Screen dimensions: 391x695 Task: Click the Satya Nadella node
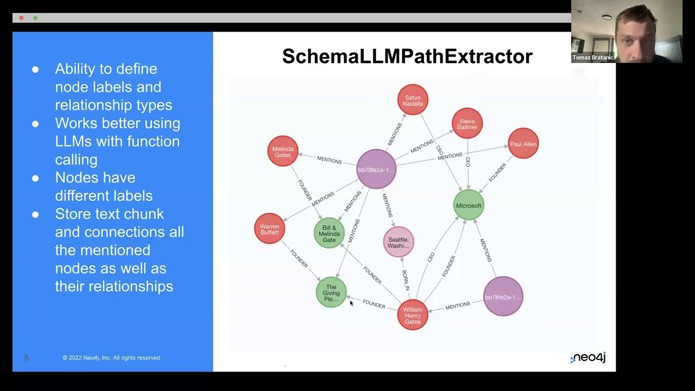413,100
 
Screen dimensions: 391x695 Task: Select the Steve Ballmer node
467,124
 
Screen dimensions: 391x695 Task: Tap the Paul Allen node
523,144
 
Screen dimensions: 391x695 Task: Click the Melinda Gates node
283,151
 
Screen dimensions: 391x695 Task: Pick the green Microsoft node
469,205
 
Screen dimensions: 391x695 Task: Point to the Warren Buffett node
270,229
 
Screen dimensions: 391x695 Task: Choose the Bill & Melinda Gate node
330,233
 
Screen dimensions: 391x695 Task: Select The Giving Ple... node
331,292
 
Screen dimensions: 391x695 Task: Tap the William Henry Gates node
413,315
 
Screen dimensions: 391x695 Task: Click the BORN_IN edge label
406,280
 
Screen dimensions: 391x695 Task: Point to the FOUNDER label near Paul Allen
497,172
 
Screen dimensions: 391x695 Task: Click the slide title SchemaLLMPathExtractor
407,56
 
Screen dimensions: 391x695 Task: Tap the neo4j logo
588,358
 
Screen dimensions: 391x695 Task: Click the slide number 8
27,358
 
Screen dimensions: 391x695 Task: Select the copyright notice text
112,358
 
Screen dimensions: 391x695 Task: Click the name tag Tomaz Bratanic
592,58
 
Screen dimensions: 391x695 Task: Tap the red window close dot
21,18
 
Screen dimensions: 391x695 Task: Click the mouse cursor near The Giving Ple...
351,302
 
